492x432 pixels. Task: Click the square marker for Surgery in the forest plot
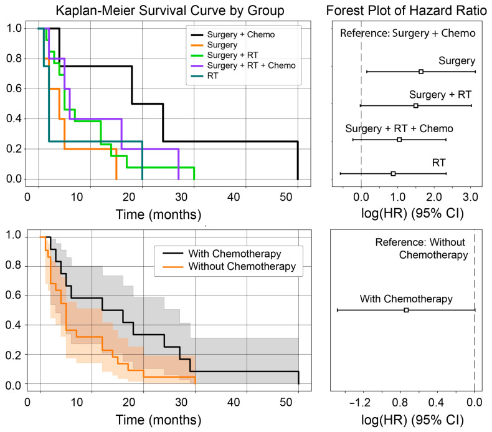point(421,72)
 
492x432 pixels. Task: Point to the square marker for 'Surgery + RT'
point(415,106)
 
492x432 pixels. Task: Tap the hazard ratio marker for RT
point(393,173)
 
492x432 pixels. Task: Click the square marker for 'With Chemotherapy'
point(406,310)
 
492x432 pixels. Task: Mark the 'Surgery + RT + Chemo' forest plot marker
point(399,140)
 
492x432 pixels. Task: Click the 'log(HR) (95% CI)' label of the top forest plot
point(406,214)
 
